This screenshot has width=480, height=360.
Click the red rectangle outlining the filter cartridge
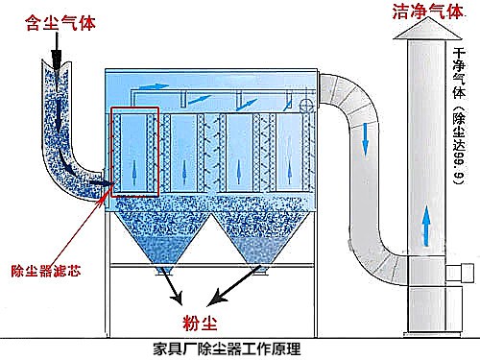pos(133,151)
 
